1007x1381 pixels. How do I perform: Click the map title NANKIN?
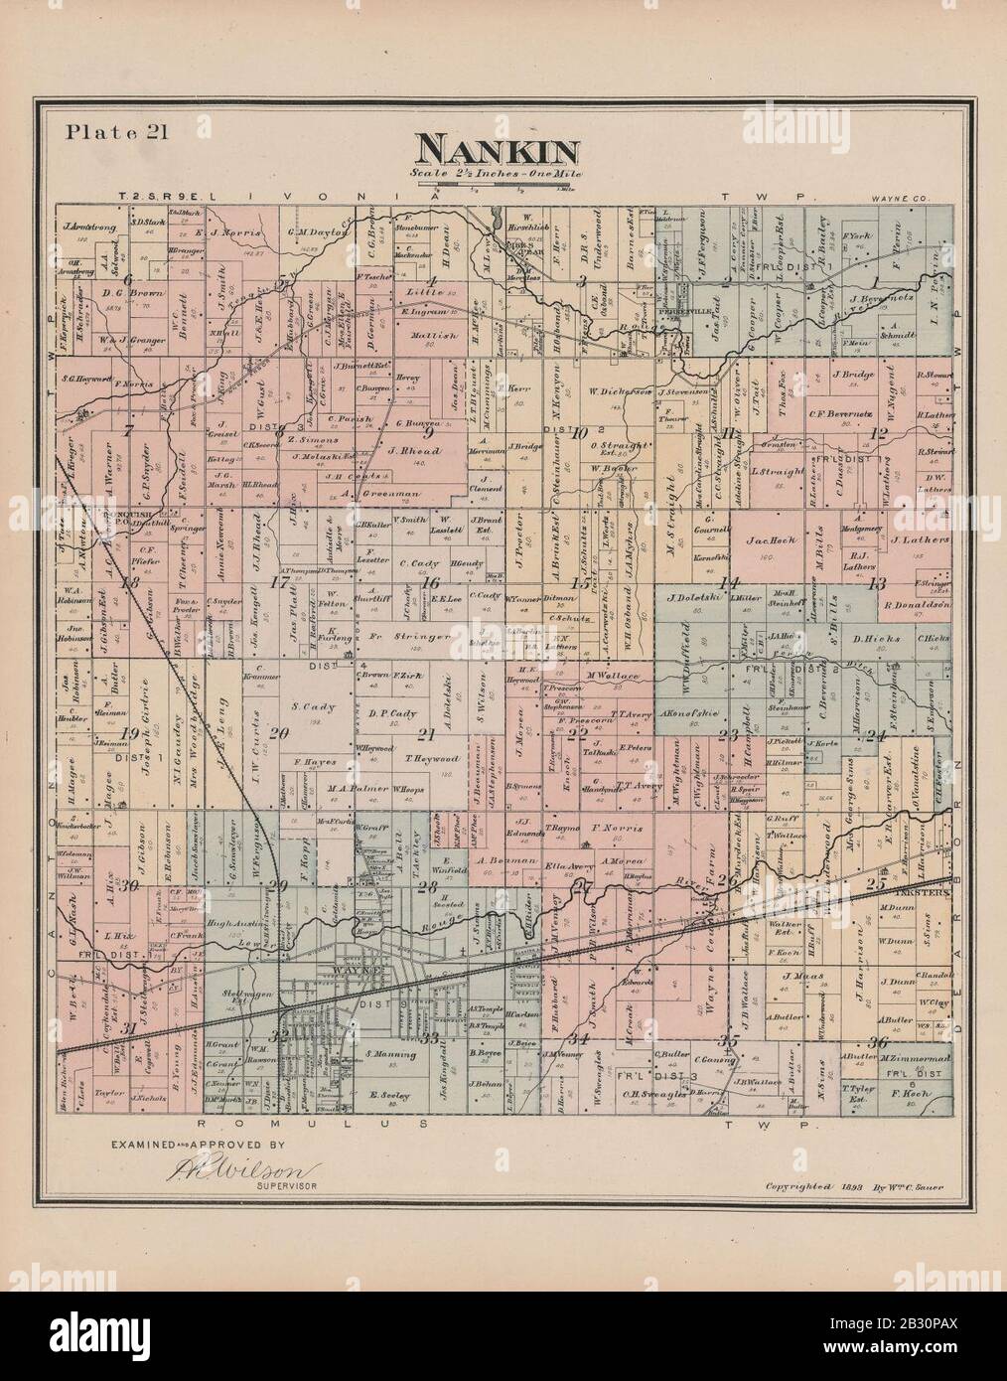[x=498, y=150]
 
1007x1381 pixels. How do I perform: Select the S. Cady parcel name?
[x=308, y=706]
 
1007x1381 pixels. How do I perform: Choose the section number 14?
[x=731, y=583]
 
